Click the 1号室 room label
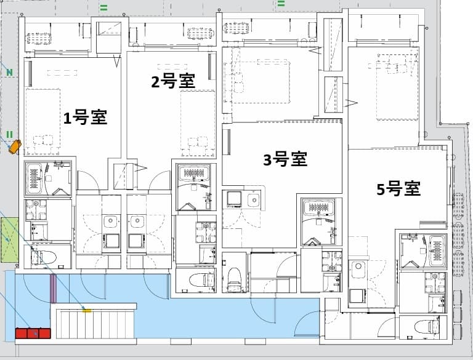86,118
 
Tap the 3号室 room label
285,159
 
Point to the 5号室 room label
398,189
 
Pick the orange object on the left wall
14,146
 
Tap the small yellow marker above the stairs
87,311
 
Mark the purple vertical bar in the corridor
53,289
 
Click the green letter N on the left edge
9,73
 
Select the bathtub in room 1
34,178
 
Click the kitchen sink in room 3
253,199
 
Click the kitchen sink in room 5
359,268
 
